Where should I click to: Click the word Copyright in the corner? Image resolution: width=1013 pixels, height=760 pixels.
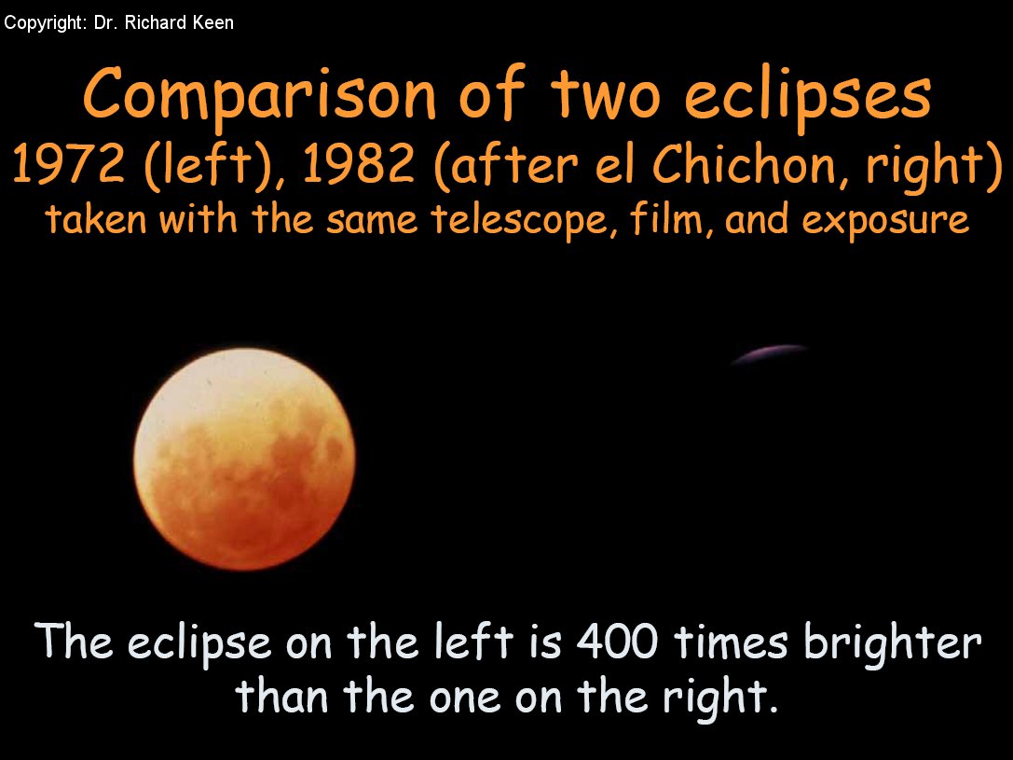click(x=44, y=23)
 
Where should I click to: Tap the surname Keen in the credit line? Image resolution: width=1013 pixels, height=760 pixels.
click(x=213, y=22)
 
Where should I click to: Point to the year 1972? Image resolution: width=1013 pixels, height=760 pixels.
click(x=68, y=163)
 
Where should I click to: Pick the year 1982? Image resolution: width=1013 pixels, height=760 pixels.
click(x=358, y=163)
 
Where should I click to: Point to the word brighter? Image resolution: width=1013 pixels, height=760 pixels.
click(x=892, y=643)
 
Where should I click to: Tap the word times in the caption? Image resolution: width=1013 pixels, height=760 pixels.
click(x=731, y=643)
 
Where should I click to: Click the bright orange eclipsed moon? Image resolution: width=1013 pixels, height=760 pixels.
click(x=244, y=459)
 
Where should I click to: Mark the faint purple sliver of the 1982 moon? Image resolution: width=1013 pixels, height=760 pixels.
click(x=770, y=353)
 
